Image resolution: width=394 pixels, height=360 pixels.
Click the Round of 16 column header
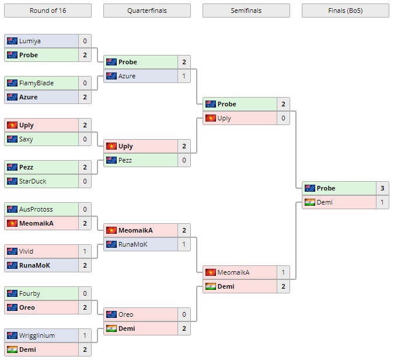(47, 11)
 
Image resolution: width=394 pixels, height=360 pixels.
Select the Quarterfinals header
(147, 11)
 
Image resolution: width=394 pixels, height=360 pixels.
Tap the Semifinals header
(246, 11)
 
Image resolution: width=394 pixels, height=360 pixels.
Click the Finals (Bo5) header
(345, 11)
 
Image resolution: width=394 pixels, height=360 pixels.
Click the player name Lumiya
(29, 41)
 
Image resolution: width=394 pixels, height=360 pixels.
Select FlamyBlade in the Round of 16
(36, 83)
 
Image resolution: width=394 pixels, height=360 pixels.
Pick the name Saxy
(26, 139)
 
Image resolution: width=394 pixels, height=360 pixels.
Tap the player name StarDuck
(33, 181)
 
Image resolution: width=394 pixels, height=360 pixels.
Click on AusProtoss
(36, 209)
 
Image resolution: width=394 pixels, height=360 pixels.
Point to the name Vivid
(27, 251)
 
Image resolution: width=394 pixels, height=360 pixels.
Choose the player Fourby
(30, 293)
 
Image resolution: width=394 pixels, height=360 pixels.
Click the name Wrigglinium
(37, 335)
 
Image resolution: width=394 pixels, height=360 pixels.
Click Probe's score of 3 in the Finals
(382, 188)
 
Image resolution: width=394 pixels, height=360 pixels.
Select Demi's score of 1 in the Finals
(382, 202)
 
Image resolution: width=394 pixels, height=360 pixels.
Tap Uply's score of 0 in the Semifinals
(283, 118)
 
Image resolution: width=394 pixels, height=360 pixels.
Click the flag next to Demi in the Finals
(310, 202)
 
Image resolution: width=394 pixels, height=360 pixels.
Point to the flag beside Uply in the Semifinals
(211, 118)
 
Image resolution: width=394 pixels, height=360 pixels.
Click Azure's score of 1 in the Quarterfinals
(184, 76)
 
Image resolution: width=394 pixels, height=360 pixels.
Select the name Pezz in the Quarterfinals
(126, 160)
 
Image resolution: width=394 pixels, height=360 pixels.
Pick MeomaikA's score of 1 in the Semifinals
(283, 272)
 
